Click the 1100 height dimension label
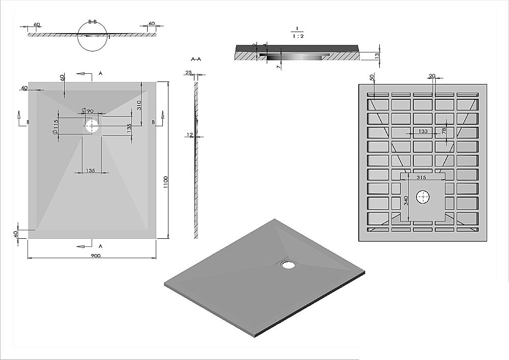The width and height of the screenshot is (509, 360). click(165, 182)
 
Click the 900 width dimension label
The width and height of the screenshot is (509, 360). click(96, 256)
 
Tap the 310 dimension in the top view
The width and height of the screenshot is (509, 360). click(138, 105)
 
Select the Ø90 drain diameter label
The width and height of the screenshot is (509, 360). click(87, 110)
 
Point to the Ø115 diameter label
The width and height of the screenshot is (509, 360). click(55, 127)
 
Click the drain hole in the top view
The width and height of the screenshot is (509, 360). click(92, 126)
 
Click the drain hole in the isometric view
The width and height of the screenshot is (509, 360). click(288, 264)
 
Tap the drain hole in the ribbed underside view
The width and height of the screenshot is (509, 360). click(423, 197)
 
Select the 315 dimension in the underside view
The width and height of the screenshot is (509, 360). click(421, 177)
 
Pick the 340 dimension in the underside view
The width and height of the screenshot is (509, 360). click(406, 200)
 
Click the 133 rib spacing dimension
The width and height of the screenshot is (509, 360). click(423, 131)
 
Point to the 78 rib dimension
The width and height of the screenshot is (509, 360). click(444, 131)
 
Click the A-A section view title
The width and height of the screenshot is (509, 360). click(196, 59)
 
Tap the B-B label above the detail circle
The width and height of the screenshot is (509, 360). click(93, 22)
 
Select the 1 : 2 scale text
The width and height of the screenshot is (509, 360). click(298, 36)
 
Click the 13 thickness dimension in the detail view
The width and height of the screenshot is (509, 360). click(377, 56)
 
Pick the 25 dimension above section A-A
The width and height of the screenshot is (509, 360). click(189, 73)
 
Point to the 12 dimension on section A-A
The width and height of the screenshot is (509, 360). click(190, 135)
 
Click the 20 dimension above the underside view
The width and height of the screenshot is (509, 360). click(432, 76)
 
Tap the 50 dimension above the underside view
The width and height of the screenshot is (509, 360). click(372, 77)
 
